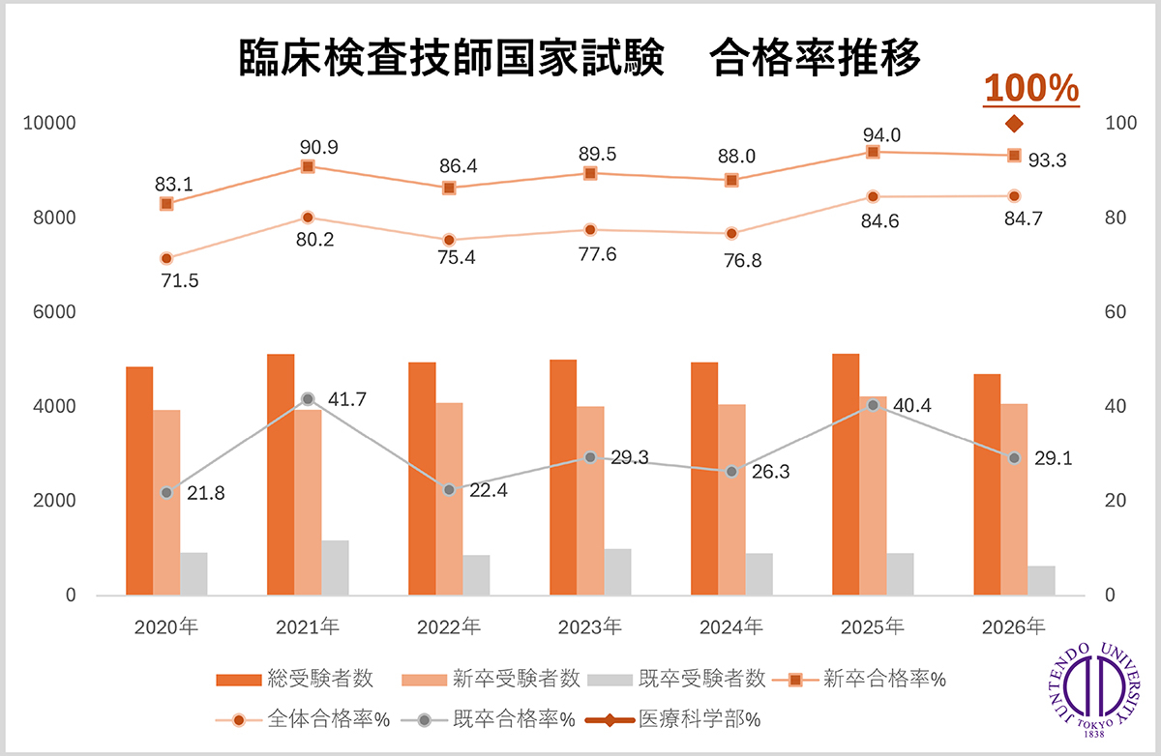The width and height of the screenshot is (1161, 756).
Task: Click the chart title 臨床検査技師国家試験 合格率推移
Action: click(580, 58)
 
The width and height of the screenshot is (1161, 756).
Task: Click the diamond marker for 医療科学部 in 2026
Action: click(1014, 124)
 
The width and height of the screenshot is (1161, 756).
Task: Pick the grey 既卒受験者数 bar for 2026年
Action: click(1041, 580)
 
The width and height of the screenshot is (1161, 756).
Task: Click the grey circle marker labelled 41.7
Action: click(308, 398)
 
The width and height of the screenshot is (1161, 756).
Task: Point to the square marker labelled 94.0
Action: click(873, 152)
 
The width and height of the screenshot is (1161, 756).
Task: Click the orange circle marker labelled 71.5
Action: click(166, 258)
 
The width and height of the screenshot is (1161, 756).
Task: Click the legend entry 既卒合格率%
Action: click(504, 719)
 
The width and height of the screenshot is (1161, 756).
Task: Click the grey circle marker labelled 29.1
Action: click(1014, 457)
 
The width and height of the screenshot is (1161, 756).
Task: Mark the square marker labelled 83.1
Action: click(166, 204)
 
